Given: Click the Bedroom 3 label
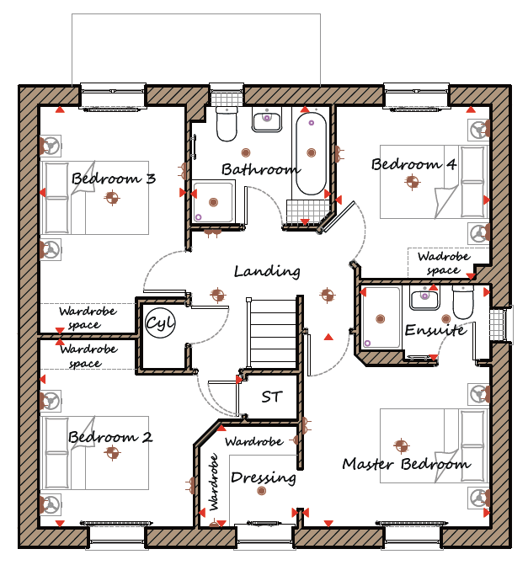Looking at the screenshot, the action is coord(114,179).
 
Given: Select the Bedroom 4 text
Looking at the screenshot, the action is coord(414,164).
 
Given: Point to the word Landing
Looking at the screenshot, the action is coord(267,271).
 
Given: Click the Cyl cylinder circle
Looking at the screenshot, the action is coord(160,322).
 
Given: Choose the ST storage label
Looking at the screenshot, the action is coord(271,397).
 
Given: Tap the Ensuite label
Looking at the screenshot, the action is coord(435,330).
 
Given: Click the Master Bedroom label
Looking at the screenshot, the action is coord(407,464).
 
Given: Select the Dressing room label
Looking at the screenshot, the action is coord(264,477).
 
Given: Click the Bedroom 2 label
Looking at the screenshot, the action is coord(110,437).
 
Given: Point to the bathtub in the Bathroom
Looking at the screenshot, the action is coord(311,153).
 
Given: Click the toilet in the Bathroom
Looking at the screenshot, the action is coord(227,124).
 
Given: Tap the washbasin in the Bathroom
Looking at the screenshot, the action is coord(267,120).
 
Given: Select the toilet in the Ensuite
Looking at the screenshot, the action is coord(462,302).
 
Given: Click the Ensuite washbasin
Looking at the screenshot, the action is coord(424,298).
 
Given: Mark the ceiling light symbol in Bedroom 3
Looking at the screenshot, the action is coord(112,198).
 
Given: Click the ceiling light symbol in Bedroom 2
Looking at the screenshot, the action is coord(112,452).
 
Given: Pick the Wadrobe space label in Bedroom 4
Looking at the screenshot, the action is coord(443,263).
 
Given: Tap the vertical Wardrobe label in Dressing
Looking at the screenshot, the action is coord(214,482).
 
